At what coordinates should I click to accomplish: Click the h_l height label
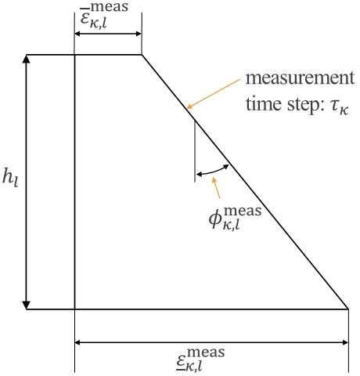(10, 178)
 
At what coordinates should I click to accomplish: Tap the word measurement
(300, 78)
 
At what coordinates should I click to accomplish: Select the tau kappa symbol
(339, 107)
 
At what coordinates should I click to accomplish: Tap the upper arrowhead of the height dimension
(27, 59)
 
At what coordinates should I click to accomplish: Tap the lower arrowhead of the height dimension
(27, 305)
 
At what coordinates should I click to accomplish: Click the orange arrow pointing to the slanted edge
(214, 93)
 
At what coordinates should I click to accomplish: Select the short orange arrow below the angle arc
(216, 188)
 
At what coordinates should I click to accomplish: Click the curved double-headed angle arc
(213, 171)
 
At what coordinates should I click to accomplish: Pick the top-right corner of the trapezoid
(142, 55)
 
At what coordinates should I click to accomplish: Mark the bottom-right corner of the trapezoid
(348, 309)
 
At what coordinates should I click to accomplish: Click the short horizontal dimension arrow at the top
(108, 34)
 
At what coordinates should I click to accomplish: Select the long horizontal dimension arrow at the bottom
(211, 342)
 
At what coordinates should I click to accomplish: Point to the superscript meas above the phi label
(243, 211)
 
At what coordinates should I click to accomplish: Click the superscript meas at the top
(110, 7)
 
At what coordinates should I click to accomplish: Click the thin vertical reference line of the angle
(195, 151)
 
